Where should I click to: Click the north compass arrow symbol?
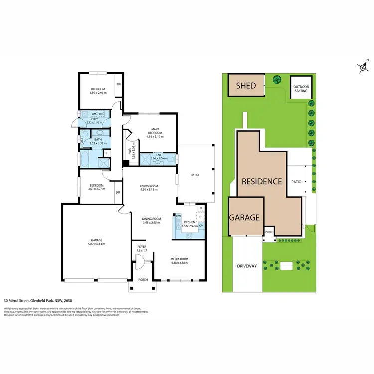coord(362,67)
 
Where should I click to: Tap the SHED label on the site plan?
coord(246,86)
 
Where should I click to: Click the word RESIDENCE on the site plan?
coord(262,181)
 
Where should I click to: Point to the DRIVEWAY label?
coord(247,266)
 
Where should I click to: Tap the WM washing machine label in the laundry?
coord(93,114)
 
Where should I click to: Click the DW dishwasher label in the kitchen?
coord(179,216)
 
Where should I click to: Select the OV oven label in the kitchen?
coord(201,226)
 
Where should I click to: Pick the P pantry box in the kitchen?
coord(201,208)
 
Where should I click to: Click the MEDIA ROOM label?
coord(180,259)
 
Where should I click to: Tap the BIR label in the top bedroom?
coord(118,84)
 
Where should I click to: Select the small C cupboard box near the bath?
coord(107,152)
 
